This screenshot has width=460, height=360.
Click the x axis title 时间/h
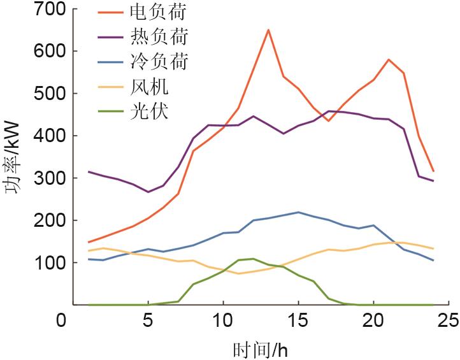click(x=261, y=349)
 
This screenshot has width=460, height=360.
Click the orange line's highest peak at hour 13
click(x=268, y=29)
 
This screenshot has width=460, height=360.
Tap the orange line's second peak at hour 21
click(x=389, y=59)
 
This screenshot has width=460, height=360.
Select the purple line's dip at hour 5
click(x=148, y=192)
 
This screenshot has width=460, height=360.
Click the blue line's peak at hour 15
click(x=298, y=212)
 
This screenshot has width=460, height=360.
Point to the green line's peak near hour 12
click(x=253, y=259)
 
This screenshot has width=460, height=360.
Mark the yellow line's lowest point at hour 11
click(x=238, y=273)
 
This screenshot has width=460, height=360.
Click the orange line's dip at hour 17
click(x=328, y=121)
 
